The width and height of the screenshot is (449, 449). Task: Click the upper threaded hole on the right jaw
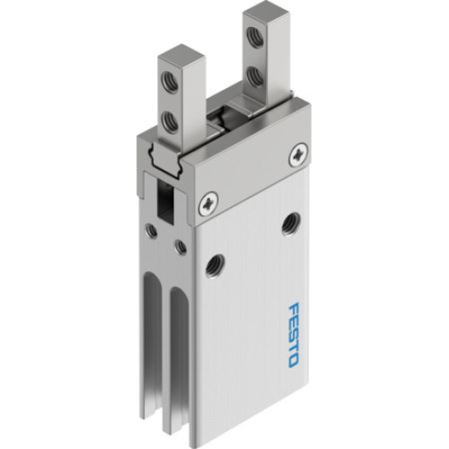[x=257, y=37]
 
